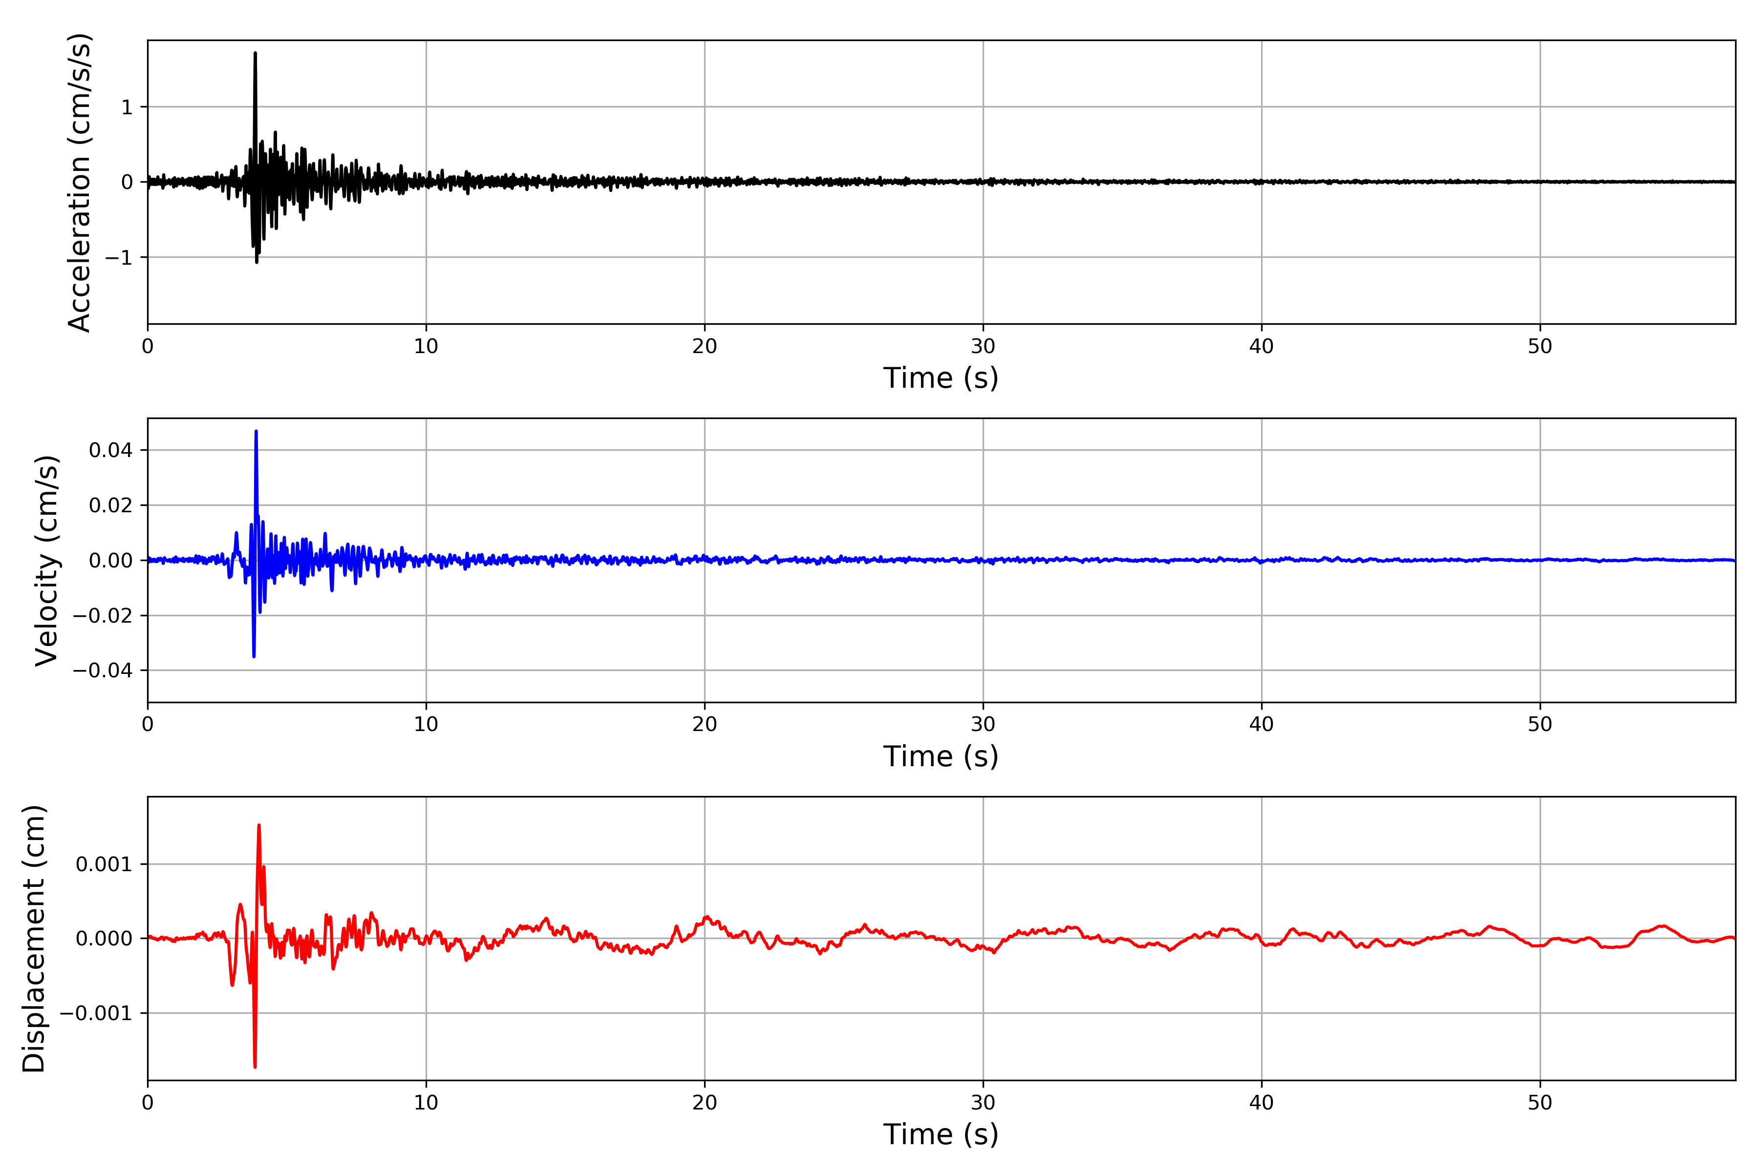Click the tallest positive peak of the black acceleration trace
(x=255, y=54)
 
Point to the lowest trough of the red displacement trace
(x=255, y=1066)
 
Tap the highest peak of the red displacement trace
(x=259, y=826)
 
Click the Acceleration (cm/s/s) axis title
(x=79, y=182)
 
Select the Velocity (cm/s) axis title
(x=46, y=561)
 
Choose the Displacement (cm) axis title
(x=34, y=939)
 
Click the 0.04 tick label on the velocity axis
(x=111, y=450)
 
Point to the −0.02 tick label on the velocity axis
(x=103, y=616)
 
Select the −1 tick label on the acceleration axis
(x=118, y=258)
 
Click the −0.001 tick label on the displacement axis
(x=96, y=1014)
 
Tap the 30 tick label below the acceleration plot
(x=983, y=347)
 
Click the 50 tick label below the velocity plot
(x=1540, y=724)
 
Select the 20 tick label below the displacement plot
(x=705, y=1103)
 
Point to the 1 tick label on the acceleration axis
(x=127, y=107)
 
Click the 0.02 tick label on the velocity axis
(x=111, y=505)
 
